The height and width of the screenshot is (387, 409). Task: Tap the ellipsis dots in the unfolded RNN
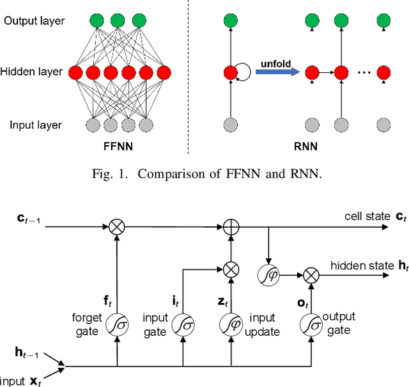click(x=362, y=72)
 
